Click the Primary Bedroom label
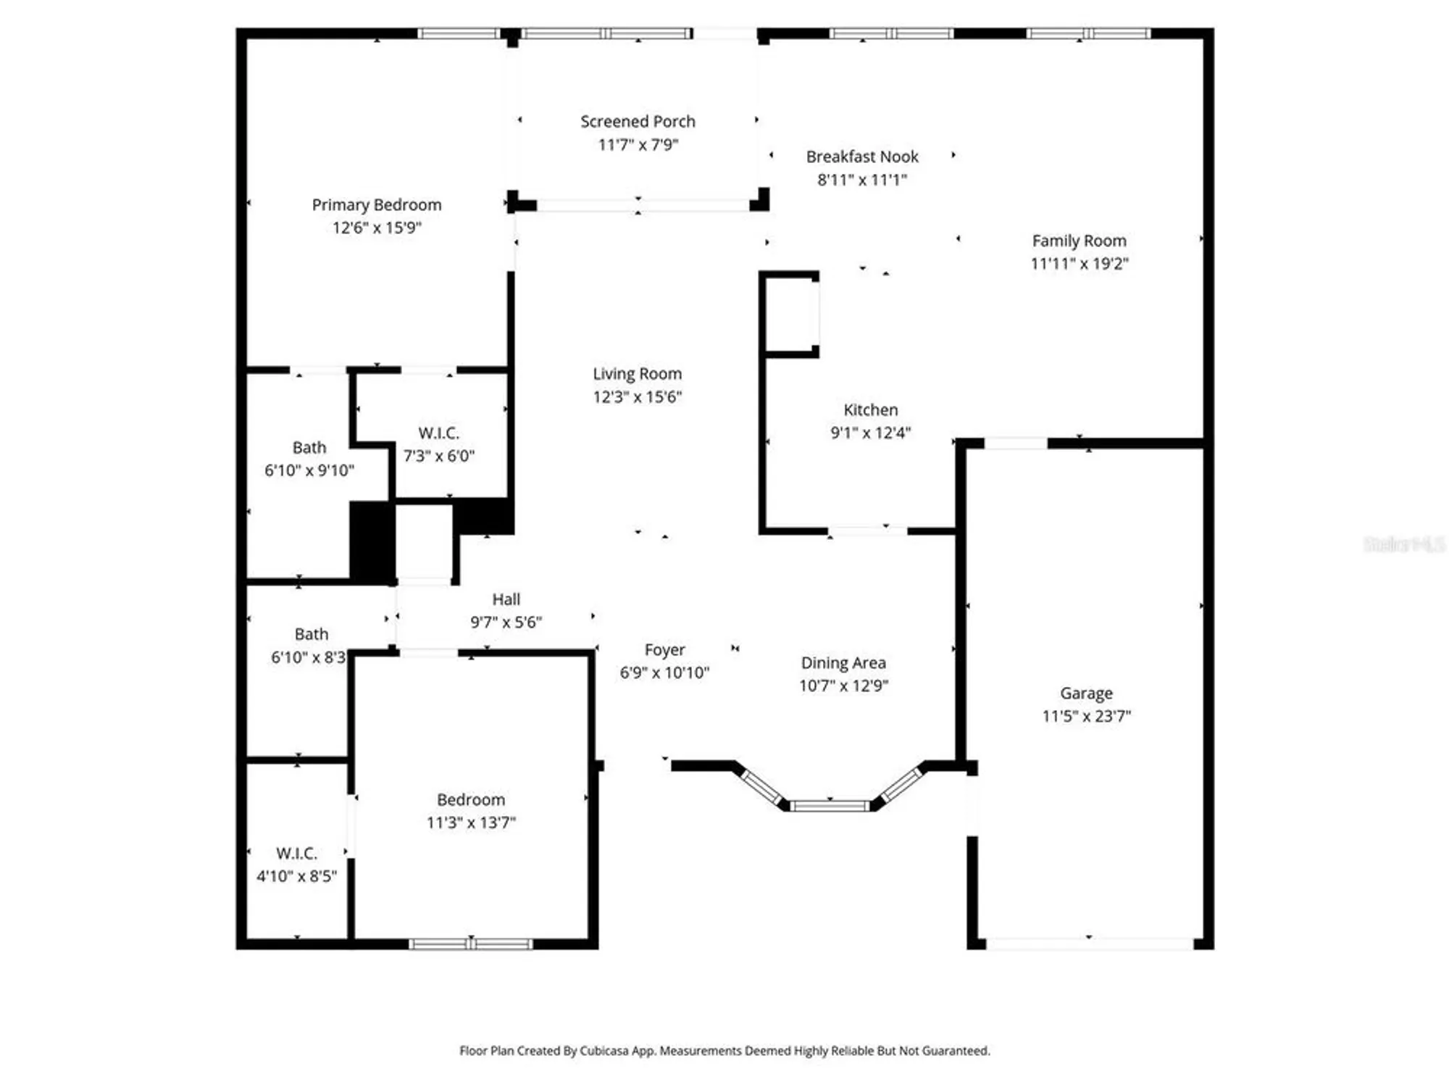click(x=376, y=205)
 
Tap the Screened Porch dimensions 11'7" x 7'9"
click(x=638, y=145)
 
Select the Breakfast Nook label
click(x=861, y=157)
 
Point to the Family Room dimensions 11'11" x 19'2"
click(x=1079, y=264)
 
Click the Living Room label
click(x=637, y=374)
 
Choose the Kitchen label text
click(x=870, y=410)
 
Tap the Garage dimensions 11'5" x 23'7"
click(x=1086, y=717)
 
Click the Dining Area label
click(x=843, y=663)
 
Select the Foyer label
click(x=664, y=650)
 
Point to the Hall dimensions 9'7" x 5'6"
click(x=506, y=622)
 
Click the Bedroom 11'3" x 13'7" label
click(x=470, y=800)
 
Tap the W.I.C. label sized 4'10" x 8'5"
click(x=296, y=854)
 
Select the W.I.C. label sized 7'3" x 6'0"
click(x=438, y=433)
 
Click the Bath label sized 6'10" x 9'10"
click(x=309, y=448)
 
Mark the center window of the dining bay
click(x=830, y=806)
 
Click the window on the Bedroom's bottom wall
click(x=471, y=944)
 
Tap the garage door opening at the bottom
click(x=1089, y=944)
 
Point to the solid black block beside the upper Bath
click(x=372, y=541)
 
